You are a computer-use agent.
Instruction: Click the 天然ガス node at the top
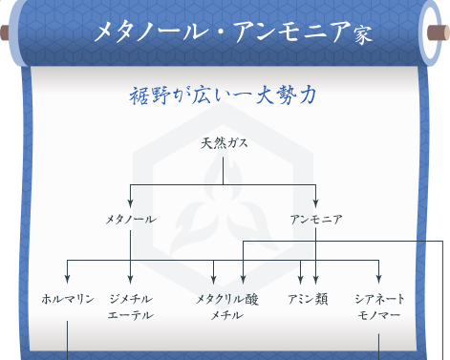pos(225,144)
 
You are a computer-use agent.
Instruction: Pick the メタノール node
pos(130,219)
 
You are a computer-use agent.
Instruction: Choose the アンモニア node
pos(316,219)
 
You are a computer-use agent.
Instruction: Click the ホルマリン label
pos(67,298)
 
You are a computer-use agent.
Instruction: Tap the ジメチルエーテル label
pos(130,306)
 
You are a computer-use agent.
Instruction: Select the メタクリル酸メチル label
pos(226,306)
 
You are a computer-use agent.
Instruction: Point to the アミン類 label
pos(308,298)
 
